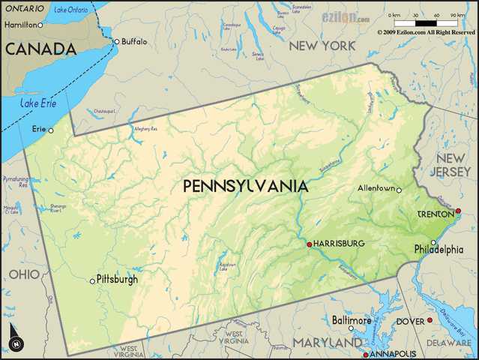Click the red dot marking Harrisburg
tap(309, 244)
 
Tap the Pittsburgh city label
tap(118, 279)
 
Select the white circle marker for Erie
tap(51, 130)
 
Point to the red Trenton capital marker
tap(458, 211)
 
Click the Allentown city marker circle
tap(399, 190)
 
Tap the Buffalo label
tap(135, 41)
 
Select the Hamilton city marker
tap(41, 25)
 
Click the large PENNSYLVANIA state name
tap(245, 186)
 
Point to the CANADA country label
tap(40, 49)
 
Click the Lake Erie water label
tap(37, 103)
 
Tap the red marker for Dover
tap(430, 321)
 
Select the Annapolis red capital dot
tap(365, 354)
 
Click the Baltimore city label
tap(352, 320)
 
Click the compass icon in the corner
tap(16, 338)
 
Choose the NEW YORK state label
tap(322, 46)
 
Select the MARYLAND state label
tap(327, 343)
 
